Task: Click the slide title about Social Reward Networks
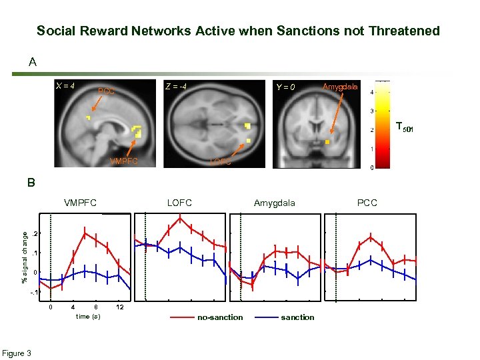coord(238,31)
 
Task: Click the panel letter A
coord(33,63)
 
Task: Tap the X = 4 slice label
coord(65,85)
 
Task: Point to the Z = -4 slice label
coord(176,86)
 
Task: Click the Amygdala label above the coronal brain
coord(340,87)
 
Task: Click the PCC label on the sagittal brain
coord(107,92)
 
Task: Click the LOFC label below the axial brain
coord(221,161)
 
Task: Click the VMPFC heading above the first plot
coord(80,203)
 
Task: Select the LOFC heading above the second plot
coord(180,203)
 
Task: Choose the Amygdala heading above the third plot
coord(274,203)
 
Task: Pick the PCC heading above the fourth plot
coord(367,203)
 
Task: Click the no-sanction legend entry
coord(220,317)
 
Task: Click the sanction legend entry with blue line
coord(297,317)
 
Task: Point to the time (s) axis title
coord(88,316)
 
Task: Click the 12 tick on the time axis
coord(120,307)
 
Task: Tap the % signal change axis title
coord(25,257)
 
